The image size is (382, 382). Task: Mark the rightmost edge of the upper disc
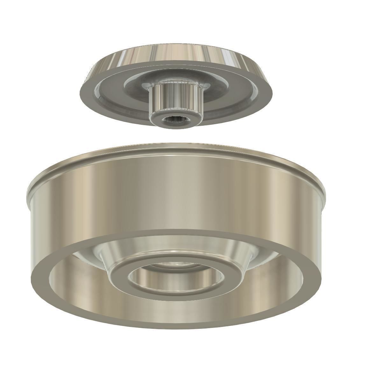coord(272,92)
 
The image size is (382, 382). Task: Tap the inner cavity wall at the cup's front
coord(175,309)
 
